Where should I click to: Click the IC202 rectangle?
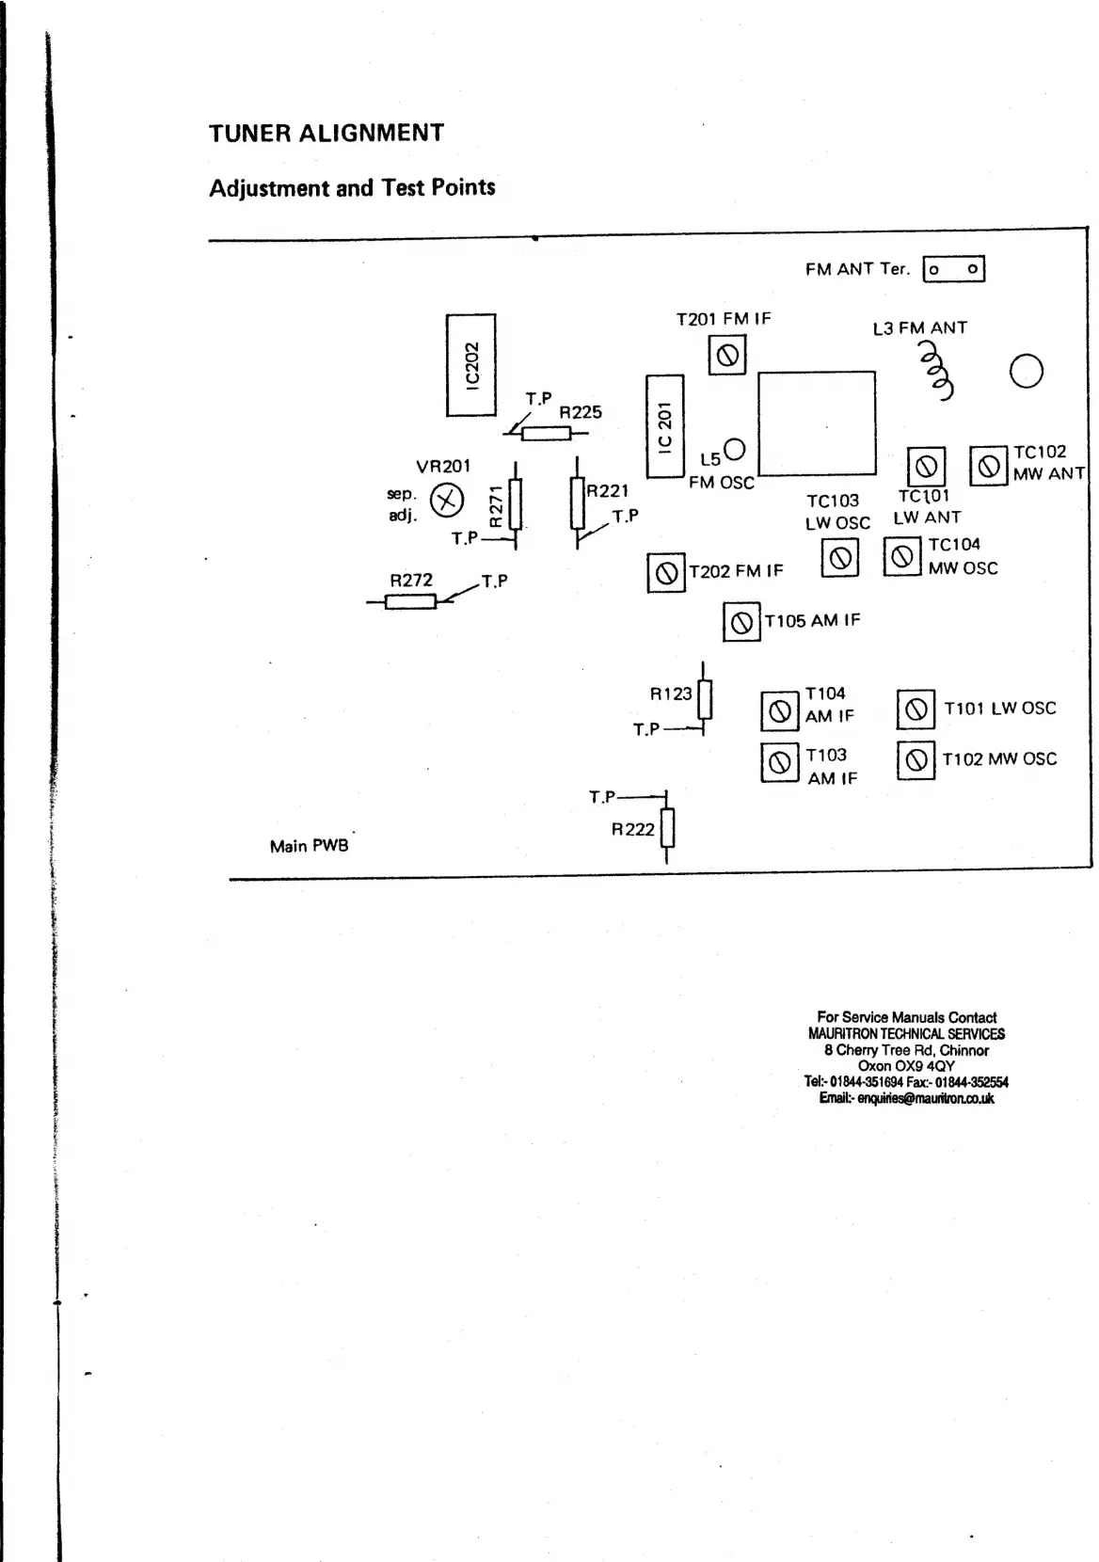(470, 365)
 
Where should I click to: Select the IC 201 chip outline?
(664, 426)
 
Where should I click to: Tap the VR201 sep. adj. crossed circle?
(447, 500)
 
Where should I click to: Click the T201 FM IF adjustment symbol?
(726, 356)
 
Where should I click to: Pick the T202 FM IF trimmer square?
(666, 573)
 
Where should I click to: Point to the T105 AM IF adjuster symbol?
(741, 622)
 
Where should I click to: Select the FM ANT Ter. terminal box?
(953, 270)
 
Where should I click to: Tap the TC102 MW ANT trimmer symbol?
(988, 466)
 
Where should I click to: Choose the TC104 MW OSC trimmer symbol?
(902, 556)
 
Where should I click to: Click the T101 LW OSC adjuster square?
(916, 709)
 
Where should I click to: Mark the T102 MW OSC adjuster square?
(916, 760)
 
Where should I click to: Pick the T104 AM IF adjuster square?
(779, 711)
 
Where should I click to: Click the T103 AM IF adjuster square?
(779, 762)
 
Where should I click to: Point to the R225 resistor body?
(546, 433)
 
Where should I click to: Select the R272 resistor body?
(411, 601)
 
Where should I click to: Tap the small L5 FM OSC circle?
(735, 448)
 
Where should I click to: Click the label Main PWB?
(309, 846)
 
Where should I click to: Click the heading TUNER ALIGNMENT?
(327, 133)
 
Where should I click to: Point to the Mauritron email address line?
(906, 1098)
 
